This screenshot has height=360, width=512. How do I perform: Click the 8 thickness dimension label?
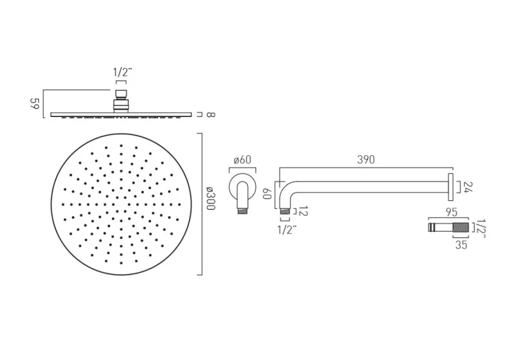point(209,115)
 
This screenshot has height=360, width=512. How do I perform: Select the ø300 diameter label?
point(210,199)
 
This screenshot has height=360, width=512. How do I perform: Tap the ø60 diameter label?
point(242,160)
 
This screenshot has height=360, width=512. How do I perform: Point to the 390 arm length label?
point(365,160)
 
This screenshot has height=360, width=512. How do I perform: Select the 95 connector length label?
point(450,213)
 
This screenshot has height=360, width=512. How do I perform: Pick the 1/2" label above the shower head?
point(121,71)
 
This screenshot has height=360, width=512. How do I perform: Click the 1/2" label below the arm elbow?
point(285,229)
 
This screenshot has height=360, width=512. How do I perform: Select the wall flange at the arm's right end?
point(451,186)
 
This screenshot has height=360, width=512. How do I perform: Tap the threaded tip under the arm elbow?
point(285,211)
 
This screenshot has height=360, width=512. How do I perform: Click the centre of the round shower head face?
point(121,204)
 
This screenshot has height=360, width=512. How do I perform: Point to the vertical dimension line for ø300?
point(201,204)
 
